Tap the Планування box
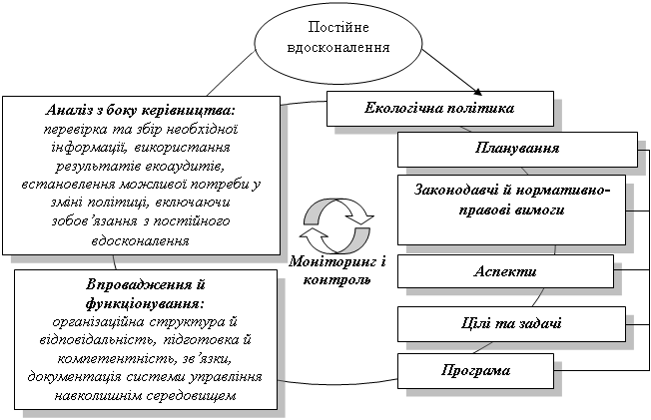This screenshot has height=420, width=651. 516,149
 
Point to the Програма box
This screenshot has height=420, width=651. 475,372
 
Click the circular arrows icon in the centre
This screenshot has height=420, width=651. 328,226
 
